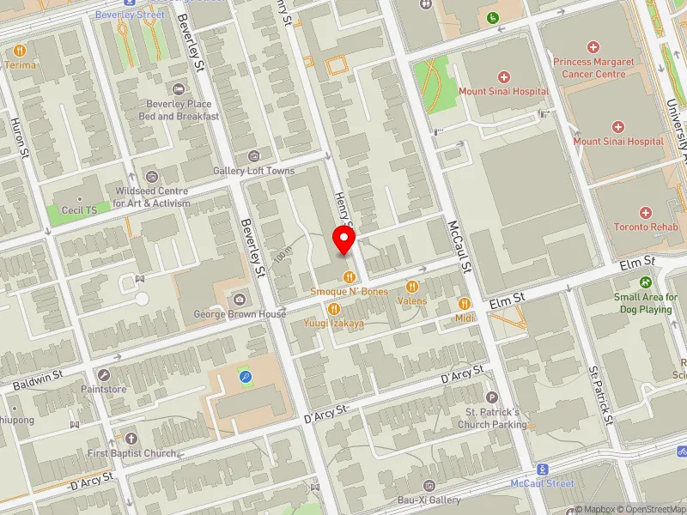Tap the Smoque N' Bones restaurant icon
click(349, 276)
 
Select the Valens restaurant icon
click(411, 287)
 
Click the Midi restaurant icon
click(465, 304)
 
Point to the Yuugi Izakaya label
click(333, 324)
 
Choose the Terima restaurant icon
click(19, 50)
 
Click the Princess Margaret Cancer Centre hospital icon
click(593, 47)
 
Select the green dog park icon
click(645, 282)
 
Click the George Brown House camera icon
click(240, 300)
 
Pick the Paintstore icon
click(104, 375)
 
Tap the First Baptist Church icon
click(131, 438)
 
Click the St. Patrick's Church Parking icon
click(491, 397)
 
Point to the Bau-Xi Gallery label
click(429, 500)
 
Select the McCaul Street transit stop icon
click(543, 470)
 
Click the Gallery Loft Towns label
click(253, 171)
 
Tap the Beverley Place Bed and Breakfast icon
click(179, 90)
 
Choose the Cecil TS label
click(77, 209)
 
